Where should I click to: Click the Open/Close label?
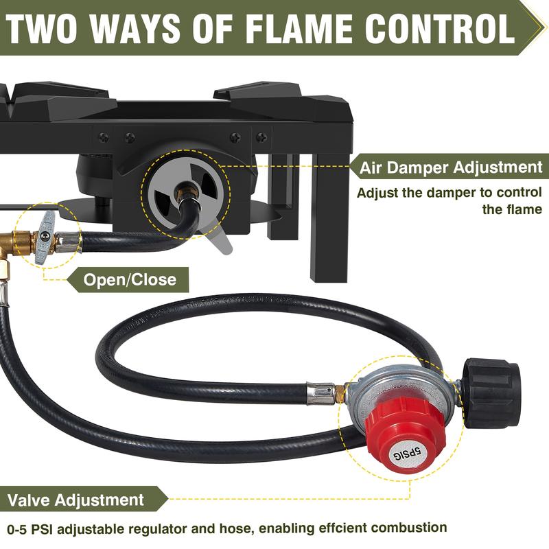[x=129, y=279]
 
